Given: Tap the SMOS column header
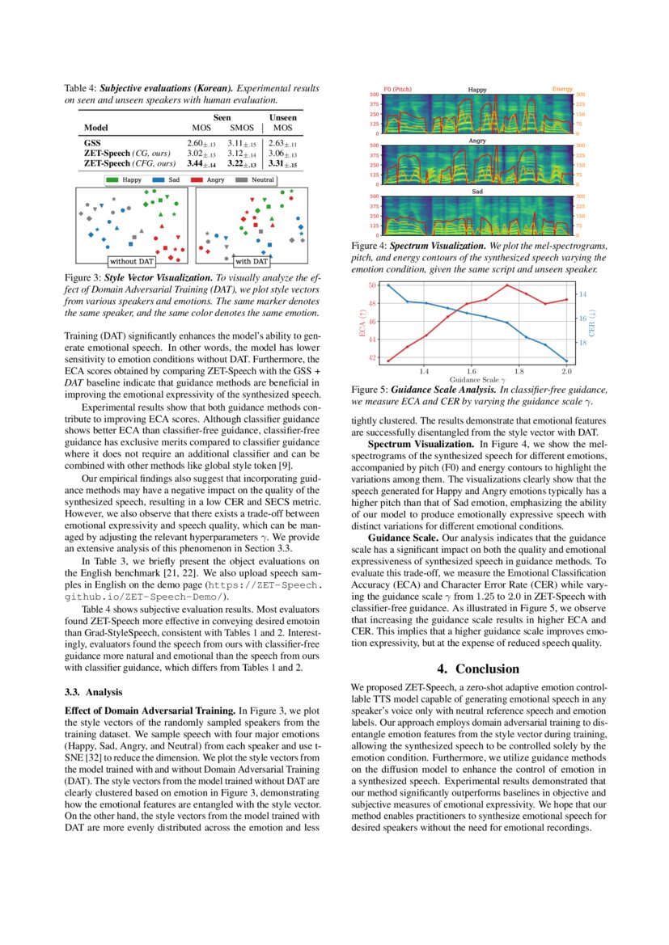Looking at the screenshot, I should pyautogui.click(x=241, y=128).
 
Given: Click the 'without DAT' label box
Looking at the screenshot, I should pyautogui.click(x=132, y=261).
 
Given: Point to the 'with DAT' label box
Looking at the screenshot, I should pyautogui.click(x=252, y=261).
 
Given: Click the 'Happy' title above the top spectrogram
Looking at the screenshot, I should pyautogui.click(x=477, y=90).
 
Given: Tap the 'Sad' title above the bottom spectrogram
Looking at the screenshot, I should pyautogui.click(x=477, y=192).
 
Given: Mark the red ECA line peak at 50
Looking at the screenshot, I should pyautogui.click(x=507, y=285).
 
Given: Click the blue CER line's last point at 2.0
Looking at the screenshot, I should pyautogui.click(x=566, y=361).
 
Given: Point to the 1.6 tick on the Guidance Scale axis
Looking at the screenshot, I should pyautogui.click(x=471, y=372).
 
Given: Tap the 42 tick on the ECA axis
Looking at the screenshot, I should pyautogui.click(x=372, y=357).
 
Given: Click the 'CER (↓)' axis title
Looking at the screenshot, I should pyautogui.click(x=591, y=321).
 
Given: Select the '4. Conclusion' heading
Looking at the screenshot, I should pyautogui.click(x=477, y=669).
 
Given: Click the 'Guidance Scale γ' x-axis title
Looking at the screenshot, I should pyautogui.click(x=477, y=379).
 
